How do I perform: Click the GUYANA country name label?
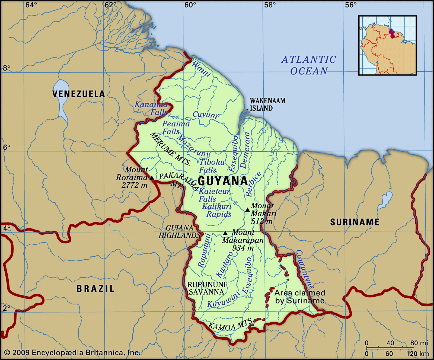click(223, 181)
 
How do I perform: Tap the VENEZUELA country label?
click(78, 94)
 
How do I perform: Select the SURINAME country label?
click(355, 222)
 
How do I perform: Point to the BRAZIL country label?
click(95, 289)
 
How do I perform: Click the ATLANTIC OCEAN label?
click(309, 65)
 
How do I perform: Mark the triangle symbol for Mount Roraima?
click(152, 178)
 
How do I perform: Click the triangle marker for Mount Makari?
click(247, 210)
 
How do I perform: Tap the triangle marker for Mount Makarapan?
click(225, 233)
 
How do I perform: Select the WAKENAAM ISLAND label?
click(267, 104)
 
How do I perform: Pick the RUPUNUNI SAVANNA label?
click(206, 288)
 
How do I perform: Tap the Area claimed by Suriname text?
click(299, 297)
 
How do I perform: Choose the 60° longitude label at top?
click(190, 5)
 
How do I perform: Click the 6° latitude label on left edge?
click(7, 147)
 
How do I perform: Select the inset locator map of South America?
click(387, 45)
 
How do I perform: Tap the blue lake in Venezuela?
click(61, 99)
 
